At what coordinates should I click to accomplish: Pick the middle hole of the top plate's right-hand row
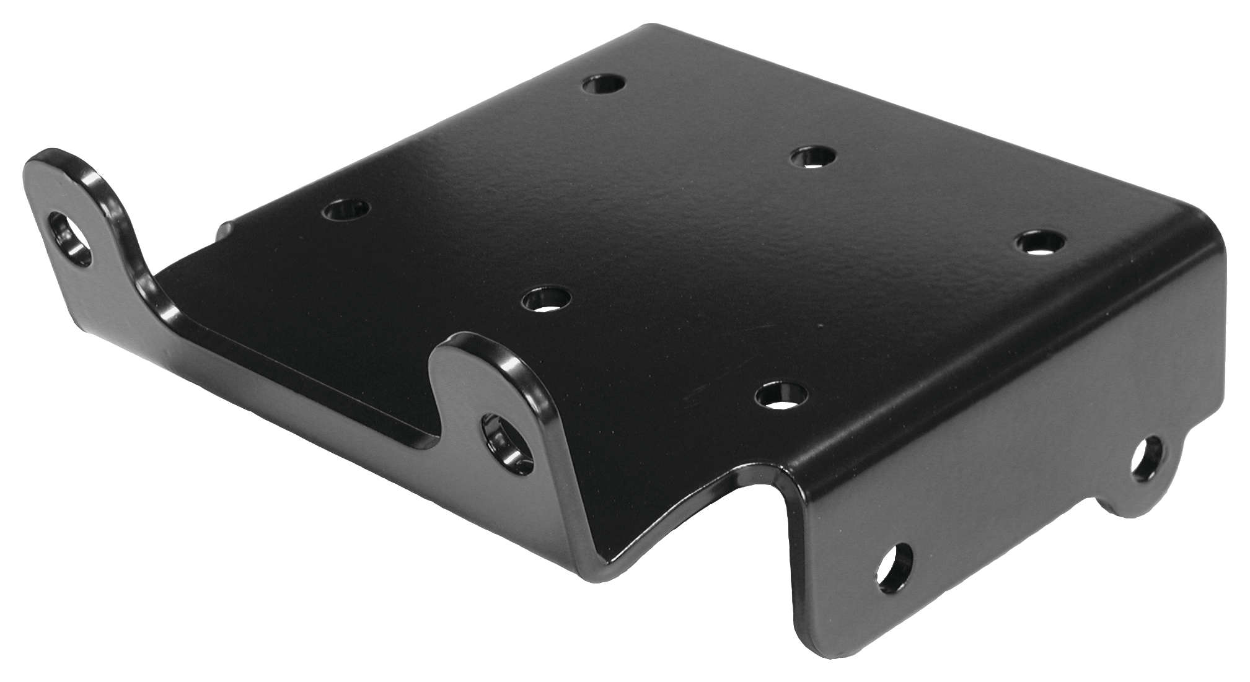pyautogui.click(x=812, y=157)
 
